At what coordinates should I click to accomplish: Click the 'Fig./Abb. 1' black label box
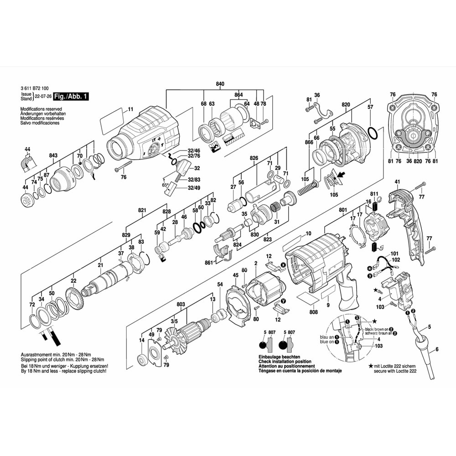71,97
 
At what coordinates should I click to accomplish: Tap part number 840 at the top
220,85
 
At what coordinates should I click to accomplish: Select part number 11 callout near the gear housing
130,109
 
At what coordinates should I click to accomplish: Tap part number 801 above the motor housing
343,210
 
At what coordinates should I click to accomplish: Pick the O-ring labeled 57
372,135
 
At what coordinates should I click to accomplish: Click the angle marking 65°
165,185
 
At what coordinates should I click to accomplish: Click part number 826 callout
254,158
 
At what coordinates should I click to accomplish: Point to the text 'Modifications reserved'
38,109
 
